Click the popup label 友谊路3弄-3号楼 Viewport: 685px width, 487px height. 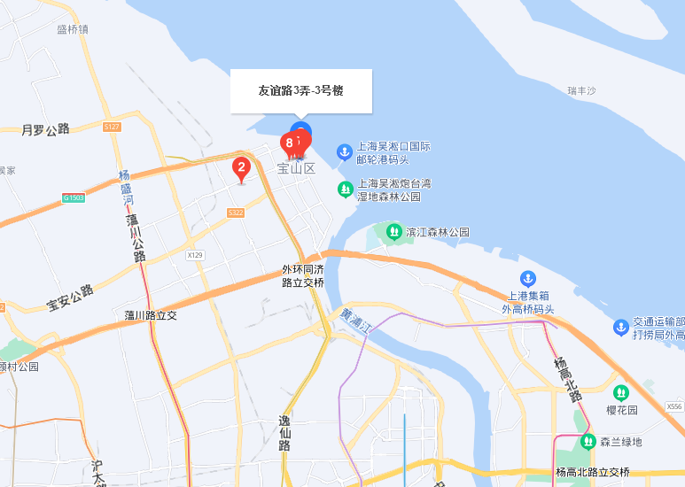[x=300, y=90]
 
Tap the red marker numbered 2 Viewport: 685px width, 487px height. [x=241, y=167]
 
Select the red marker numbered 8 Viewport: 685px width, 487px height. [x=290, y=143]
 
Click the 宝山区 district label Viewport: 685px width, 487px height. [x=296, y=168]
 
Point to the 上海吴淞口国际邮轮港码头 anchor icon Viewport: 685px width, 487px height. [x=345, y=152]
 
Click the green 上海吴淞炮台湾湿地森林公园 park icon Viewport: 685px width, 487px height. [x=345, y=189]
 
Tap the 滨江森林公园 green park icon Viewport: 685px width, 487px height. [x=393, y=232]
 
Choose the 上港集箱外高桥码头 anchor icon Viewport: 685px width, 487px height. [x=528, y=279]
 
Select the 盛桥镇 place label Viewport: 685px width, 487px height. [x=73, y=29]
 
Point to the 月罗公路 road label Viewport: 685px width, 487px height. [x=45, y=130]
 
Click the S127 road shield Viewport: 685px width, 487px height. [x=112, y=128]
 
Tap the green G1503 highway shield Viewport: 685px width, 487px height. [x=74, y=197]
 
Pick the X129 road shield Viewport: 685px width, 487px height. [x=195, y=255]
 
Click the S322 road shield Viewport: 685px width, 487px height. [x=236, y=213]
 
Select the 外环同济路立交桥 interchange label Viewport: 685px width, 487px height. [x=303, y=275]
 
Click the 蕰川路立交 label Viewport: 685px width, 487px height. [x=151, y=315]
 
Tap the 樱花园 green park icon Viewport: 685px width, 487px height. [x=621, y=392]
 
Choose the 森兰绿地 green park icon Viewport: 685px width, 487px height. [x=588, y=441]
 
